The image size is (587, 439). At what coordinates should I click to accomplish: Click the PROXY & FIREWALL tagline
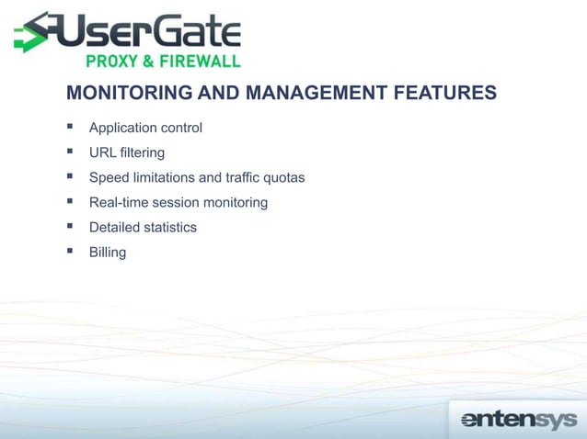tap(163, 62)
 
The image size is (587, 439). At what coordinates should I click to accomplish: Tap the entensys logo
tap(518, 420)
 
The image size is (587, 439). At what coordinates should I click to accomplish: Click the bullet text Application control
tap(145, 128)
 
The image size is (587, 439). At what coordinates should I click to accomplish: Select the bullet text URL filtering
tap(127, 152)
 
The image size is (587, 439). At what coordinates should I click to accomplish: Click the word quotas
tap(284, 177)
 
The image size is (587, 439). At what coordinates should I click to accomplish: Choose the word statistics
tap(167, 227)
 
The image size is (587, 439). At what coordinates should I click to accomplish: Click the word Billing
tap(108, 252)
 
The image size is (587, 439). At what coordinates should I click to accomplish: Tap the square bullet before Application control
tap(70, 127)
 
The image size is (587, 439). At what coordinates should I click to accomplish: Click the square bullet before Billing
tap(70, 251)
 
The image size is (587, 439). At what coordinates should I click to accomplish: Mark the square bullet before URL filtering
tap(70, 152)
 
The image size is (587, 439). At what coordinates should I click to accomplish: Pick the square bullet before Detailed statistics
tap(70, 226)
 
